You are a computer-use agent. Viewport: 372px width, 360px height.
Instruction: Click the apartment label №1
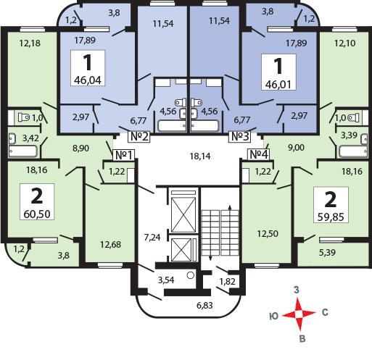124,155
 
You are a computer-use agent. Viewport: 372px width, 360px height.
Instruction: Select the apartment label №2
139,137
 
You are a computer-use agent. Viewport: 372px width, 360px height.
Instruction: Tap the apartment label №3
240,137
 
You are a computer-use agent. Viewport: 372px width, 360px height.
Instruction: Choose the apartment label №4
259,154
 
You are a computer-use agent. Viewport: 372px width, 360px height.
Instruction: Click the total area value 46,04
88,80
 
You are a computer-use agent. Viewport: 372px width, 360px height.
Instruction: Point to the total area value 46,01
278,85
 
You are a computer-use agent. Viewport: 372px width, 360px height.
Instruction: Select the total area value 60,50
37,214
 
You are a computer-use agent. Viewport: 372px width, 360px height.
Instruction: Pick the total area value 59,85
331,217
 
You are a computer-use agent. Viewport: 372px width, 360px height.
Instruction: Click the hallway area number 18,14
200,156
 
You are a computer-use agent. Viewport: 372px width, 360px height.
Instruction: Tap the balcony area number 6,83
204,306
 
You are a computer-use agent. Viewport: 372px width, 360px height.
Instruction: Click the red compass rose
299,314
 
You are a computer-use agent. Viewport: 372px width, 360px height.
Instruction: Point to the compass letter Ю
274,317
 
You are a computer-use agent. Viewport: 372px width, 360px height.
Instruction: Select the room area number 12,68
110,245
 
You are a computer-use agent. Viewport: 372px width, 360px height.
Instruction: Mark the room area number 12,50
268,234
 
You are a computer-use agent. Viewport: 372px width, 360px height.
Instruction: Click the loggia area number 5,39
327,253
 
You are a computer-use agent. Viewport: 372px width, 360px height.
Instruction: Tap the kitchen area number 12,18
30,43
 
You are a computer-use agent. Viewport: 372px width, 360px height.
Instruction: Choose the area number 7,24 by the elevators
152,238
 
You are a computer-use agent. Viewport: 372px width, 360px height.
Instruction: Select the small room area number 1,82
227,282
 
